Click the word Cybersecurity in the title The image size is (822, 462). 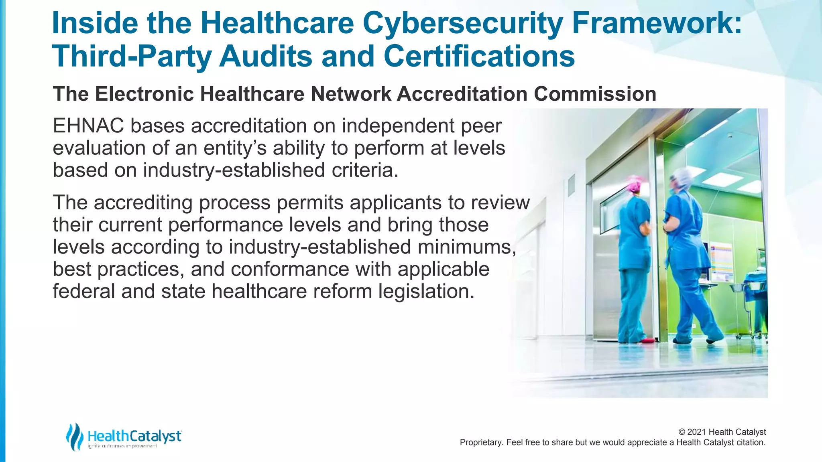point(462,23)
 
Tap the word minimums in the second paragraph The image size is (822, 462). point(466,247)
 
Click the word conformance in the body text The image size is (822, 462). point(290,269)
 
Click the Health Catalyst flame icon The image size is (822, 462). point(75,436)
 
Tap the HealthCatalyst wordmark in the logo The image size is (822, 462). point(134,436)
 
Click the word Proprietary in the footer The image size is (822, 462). point(480,442)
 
